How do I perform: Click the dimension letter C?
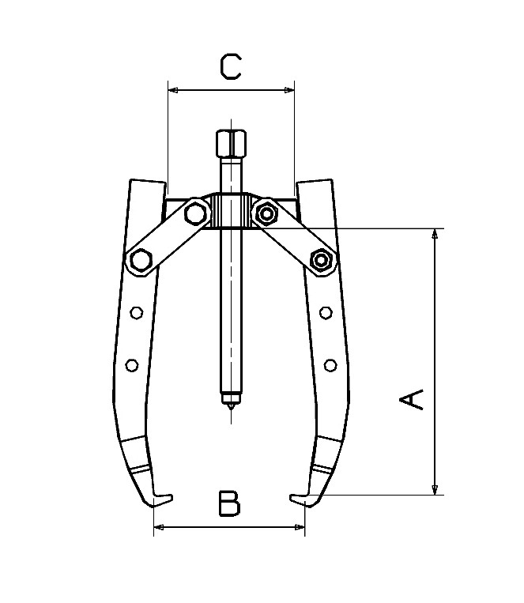click(x=230, y=66)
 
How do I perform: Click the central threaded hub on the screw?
click(x=230, y=211)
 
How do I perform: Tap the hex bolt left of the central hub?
click(x=194, y=213)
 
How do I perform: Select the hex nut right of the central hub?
click(x=266, y=212)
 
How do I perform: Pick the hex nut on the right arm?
click(x=321, y=259)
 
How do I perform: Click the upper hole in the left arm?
click(x=136, y=313)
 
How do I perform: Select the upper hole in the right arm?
click(x=324, y=313)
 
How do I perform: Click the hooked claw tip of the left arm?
click(x=161, y=498)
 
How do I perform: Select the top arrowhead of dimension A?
click(x=434, y=235)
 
